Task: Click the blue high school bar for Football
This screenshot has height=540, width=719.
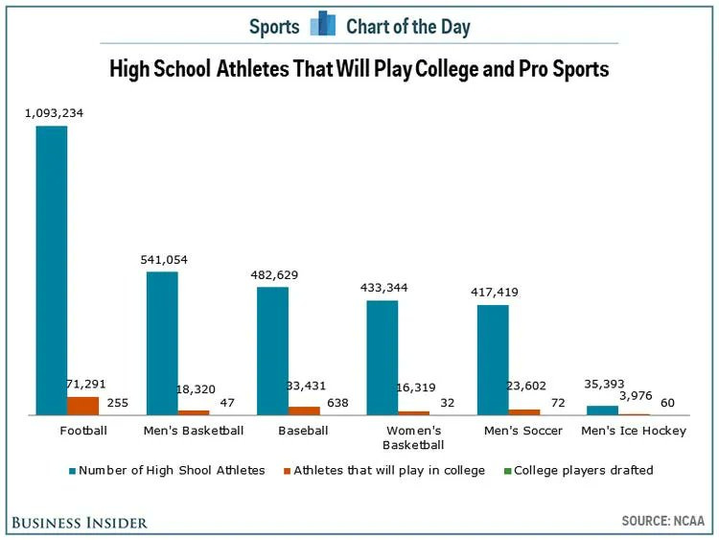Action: click(52, 270)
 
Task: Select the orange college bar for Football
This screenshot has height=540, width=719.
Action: click(82, 406)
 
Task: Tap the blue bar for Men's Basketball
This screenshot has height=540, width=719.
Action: click(162, 342)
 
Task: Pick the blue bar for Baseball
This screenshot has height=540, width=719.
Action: click(272, 350)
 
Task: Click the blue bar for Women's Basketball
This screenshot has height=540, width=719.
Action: click(383, 357)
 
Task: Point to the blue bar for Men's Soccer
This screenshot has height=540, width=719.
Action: click(493, 360)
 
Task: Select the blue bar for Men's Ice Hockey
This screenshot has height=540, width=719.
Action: click(603, 411)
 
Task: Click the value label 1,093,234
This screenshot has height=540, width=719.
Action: click(55, 113)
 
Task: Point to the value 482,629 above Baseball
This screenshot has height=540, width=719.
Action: click(274, 275)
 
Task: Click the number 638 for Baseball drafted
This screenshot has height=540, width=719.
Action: click(338, 403)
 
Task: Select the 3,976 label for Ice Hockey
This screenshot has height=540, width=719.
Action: click(636, 395)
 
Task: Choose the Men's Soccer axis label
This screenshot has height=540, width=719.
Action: click(522, 431)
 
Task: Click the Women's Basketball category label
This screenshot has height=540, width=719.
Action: click(413, 437)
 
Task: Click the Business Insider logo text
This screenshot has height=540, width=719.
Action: click(80, 522)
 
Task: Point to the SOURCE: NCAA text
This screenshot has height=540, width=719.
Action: click(662, 521)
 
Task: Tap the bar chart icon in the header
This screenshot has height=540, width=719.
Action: click(323, 24)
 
